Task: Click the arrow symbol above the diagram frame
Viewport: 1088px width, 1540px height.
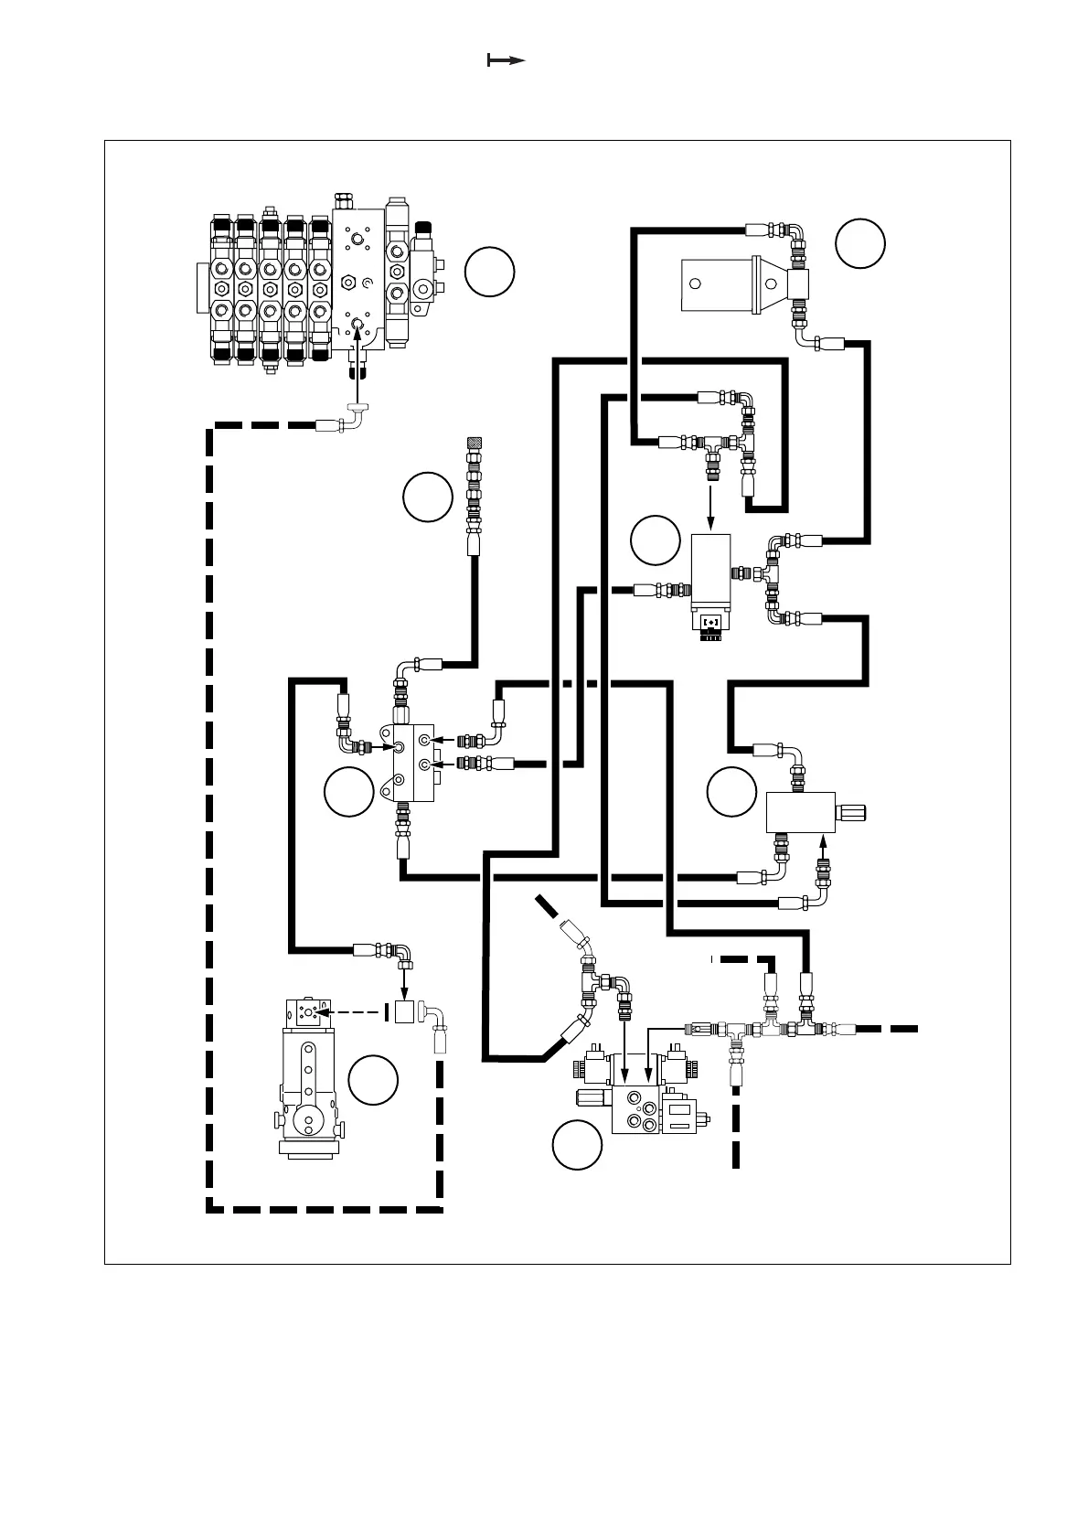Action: [x=506, y=60]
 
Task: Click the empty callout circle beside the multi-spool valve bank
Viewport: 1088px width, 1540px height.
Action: [x=489, y=271]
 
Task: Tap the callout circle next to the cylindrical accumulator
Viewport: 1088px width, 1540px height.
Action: [x=860, y=243]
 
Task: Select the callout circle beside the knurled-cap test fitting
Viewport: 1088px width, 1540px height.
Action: [x=428, y=497]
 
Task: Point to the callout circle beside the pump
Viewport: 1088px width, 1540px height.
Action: [x=374, y=1080]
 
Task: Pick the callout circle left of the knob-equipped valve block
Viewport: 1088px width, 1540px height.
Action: [x=732, y=792]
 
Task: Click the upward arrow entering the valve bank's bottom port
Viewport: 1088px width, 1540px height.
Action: [x=357, y=361]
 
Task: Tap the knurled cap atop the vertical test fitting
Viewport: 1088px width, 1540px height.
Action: [x=474, y=444]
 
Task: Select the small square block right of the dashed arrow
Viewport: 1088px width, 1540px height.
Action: [x=404, y=1012]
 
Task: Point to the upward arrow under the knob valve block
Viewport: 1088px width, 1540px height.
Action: [x=821, y=845]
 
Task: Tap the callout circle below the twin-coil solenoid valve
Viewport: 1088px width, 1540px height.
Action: [x=578, y=1144]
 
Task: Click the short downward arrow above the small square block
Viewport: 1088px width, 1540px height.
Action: [x=404, y=980]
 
